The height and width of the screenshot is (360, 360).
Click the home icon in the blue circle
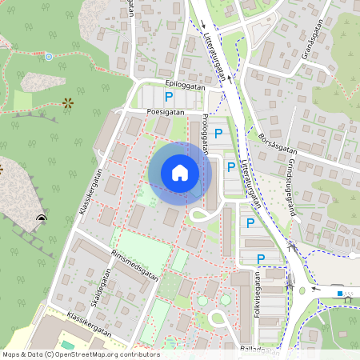(x=180, y=172)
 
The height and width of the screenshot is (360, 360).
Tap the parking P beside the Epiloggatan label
(x=168, y=97)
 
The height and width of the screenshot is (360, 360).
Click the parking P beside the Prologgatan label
(x=218, y=134)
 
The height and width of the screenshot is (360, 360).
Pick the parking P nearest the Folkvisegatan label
(x=260, y=258)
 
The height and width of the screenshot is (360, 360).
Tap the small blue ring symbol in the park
(x=49, y=57)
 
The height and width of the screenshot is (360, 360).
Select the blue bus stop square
(x=340, y=294)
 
